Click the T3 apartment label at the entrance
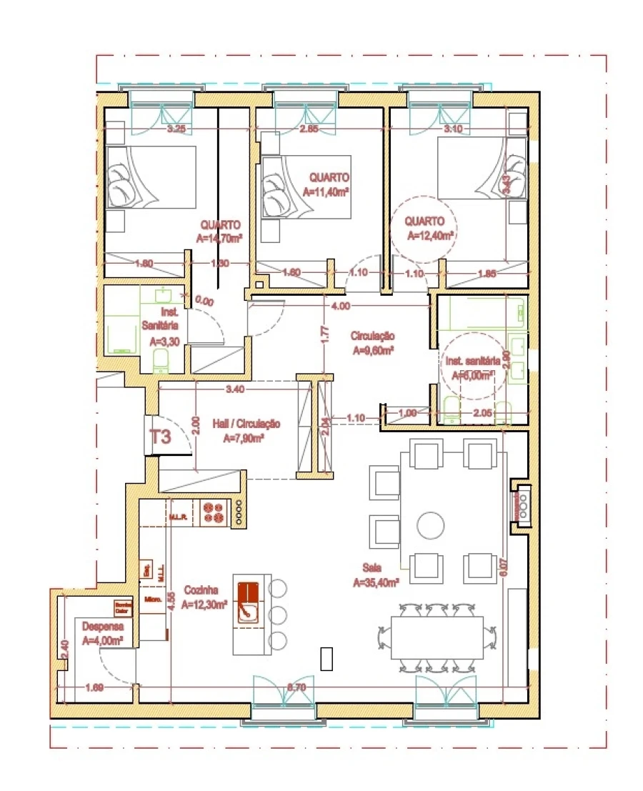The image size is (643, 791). pyautogui.click(x=160, y=437)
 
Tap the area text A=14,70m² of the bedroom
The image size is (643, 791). pyautogui.click(x=219, y=238)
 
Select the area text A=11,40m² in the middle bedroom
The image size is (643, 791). pyautogui.click(x=326, y=191)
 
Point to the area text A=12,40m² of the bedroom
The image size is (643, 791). pyautogui.click(x=431, y=234)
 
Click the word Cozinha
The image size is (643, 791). pyautogui.click(x=201, y=590)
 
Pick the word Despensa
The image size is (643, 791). pyautogui.click(x=99, y=626)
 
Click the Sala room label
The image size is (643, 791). pyautogui.click(x=371, y=567)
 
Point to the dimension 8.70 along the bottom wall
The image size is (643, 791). pyautogui.click(x=296, y=687)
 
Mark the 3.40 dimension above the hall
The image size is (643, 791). pyautogui.click(x=236, y=389)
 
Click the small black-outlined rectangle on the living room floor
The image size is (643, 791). pyautogui.click(x=327, y=658)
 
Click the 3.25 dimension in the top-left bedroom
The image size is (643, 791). pyautogui.click(x=176, y=129)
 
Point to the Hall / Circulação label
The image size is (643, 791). pyautogui.click(x=246, y=424)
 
